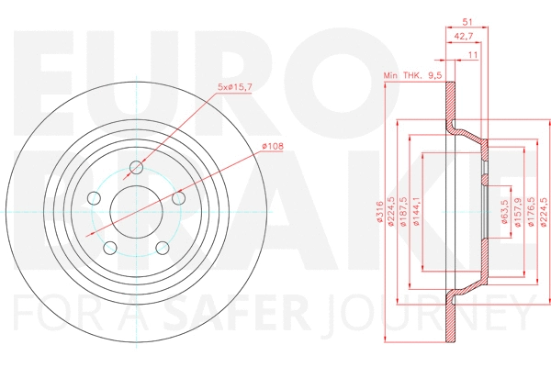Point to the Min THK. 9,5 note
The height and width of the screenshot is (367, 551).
[411, 77]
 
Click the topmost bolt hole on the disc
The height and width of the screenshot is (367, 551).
[137, 167]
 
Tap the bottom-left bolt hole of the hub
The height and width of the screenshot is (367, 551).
[110, 248]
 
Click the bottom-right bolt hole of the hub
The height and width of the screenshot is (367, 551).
[163, 248]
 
